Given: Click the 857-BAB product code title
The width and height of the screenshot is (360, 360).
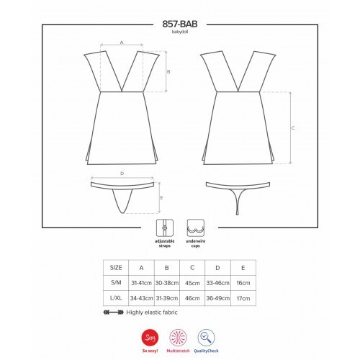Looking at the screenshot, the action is (x=180, y=24).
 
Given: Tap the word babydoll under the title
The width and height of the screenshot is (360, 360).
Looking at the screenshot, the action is (x=180, y=32).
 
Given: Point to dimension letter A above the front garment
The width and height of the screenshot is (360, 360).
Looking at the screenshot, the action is (x=122, y=42).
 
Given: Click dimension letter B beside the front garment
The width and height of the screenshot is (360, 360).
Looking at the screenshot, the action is (x=168, y=71).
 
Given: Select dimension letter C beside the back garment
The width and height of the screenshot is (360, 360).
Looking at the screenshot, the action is (x=293, y=128).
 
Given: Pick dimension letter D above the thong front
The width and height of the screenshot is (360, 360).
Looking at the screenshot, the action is (x=122, y=174).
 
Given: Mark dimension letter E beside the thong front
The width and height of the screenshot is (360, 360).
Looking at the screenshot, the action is (x=161, y=198).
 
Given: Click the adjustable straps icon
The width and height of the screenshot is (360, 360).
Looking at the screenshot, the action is (x=165, y=228).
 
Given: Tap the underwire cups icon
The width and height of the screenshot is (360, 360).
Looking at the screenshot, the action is (x=196, y=228).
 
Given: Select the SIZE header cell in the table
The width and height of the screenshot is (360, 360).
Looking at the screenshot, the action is (x=116, y=268).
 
